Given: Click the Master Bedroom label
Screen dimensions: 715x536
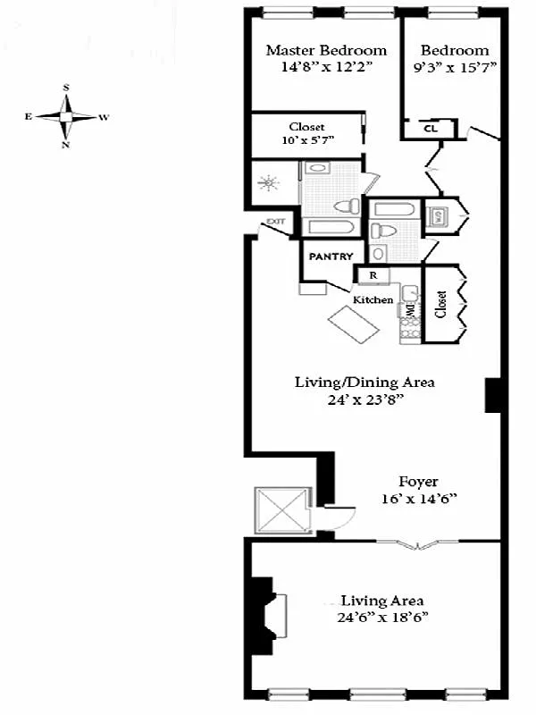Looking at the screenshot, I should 326,50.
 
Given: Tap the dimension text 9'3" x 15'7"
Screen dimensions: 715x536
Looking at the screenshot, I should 455,67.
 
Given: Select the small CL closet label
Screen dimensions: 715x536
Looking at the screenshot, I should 430,128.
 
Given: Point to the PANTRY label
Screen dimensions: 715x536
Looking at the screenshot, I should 332,256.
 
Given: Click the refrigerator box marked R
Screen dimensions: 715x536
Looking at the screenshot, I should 373,275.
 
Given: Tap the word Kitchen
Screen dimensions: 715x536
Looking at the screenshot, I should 373,299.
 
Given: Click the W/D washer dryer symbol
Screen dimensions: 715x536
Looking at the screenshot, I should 438,215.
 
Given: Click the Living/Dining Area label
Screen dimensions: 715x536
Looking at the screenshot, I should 364,382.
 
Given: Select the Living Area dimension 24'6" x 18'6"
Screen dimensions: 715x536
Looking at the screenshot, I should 381,618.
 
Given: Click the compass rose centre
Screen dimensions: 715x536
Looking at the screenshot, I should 67,116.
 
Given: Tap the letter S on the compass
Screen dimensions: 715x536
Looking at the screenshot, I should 67,88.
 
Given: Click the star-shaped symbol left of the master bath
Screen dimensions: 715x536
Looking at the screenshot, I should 267,185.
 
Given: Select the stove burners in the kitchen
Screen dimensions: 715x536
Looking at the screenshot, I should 409,330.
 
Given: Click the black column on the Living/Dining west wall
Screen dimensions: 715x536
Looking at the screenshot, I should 491,395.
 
